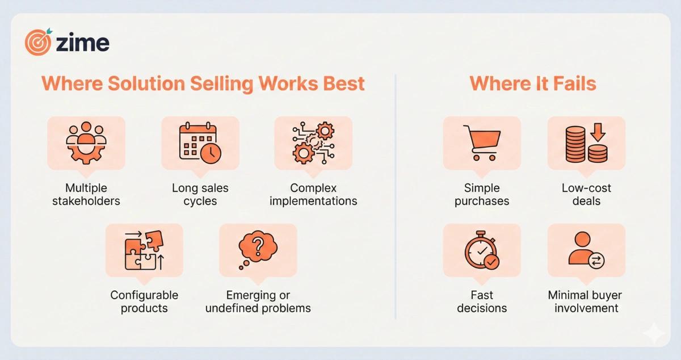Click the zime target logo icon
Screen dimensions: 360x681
pyautogui.click(x=38, y=42)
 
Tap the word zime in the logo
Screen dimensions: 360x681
pyautogui.click(x=83, y=43)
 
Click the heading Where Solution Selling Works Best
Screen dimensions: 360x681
pyautogui.click(x=203, y=84)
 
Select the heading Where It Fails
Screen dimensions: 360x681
pyautogui.click(x=532, y=84)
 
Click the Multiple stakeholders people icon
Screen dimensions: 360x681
pyautogui.click(x=86, y=142)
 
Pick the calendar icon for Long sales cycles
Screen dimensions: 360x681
pyautogui.click(x=200, y=142)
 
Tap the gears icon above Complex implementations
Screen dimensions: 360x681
pyautogui.click(x=313, y=142)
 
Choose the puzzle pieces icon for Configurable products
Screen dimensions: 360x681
pyautogui.click(x=144, y=250)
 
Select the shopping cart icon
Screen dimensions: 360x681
pyautogui.click(x=482, y=142)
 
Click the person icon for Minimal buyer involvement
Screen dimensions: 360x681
pyautogui.click(x=586, y=250)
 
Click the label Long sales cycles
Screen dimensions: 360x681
pyautogui.click(x=200, y=194)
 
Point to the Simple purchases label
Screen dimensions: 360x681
pyautogui.click(x=482, y=194)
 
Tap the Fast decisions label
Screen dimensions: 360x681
pyautogui.click(x=482, y=302)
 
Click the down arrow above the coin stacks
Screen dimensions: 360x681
pyautogui.click(x=598, y=133)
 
